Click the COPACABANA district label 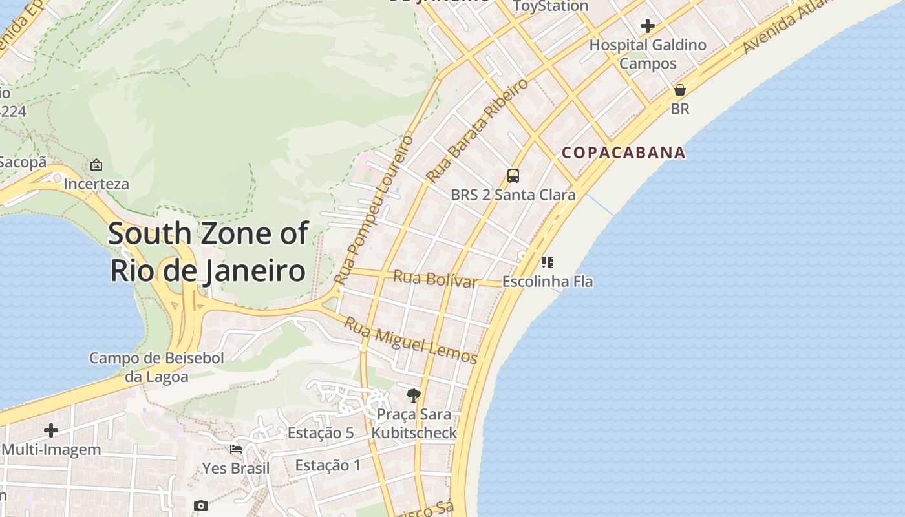[x=623, y=153]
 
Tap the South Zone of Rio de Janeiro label [x=208, y=251]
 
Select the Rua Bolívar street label [x=435, y=279]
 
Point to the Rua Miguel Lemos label [x=410, y=341]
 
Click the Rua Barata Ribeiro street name [x=477, y=130]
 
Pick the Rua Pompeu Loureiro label [x=375, y=209]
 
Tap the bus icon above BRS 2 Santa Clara [x=513, y=175]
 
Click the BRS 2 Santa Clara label [x=513, y=195]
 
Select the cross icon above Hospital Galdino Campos [x=648, y=26]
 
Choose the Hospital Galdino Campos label [x=648, y=54]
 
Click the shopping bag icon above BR [x=680, y=90]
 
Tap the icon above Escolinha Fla [x=548, y=262]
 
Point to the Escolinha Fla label [x=548, y=282]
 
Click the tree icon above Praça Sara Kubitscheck [x=414, y=395]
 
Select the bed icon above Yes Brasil [x=236, y=448]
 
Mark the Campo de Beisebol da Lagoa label [x=156, y=367]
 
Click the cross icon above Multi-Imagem [x=51, y=430]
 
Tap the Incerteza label [x=96, y=184]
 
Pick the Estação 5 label [x=321, y=433]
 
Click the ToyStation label [x=551, y=6]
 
